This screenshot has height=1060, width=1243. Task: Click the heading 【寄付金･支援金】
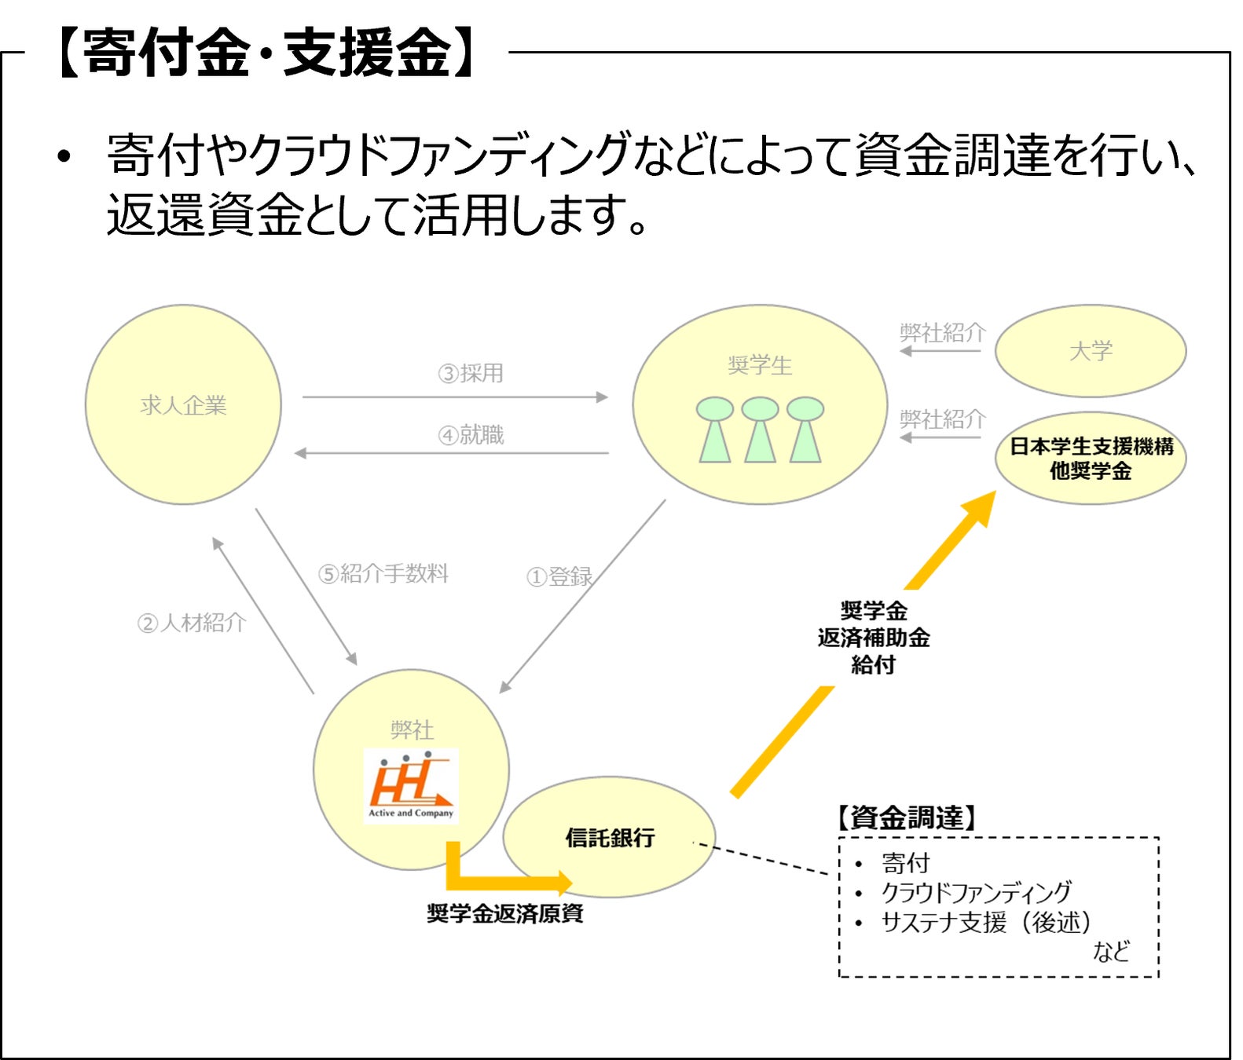tap(267, 53)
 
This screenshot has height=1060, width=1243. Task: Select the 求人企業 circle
tap(183, 405)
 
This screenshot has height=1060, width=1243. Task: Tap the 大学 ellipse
tap(1091, 351)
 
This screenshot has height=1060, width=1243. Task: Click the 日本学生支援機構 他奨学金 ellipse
tap(1091, 459)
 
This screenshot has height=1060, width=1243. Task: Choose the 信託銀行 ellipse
tap(610, 838)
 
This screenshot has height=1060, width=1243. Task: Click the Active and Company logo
tap(411, 785)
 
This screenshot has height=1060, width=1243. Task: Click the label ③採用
tap(471, 373)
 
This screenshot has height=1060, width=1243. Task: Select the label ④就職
tap(471, 434)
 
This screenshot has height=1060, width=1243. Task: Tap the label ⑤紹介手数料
tap(383, 573)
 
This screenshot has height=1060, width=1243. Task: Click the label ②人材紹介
tap(192, 623)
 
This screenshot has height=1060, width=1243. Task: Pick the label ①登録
tap(559, 576)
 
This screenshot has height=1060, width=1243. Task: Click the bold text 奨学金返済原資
tap(505, 913)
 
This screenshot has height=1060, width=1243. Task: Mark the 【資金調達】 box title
tap(906, 817)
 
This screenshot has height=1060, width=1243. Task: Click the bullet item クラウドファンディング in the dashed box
tap(976, 892)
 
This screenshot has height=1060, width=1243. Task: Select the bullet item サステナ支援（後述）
tap(986, 922)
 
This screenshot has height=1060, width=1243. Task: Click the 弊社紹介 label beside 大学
tap(942, 333)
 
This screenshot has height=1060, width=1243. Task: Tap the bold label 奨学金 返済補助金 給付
tap(873, 637)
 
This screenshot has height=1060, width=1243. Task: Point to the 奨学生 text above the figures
tap(760, 365)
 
